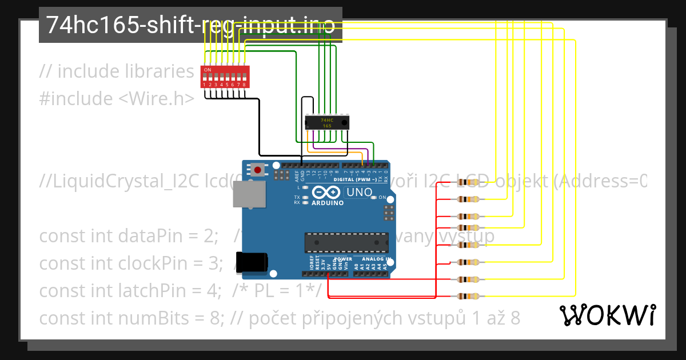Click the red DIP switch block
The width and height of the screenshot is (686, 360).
coord(225,77)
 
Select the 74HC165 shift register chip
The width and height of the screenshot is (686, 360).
coord(327,122)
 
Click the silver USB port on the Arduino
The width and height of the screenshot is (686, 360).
coord(249,194)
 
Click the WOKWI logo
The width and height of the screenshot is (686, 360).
coord(607,315)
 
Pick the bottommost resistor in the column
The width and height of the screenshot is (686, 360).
coord(468,297)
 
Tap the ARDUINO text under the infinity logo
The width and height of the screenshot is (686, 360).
coord(328,203)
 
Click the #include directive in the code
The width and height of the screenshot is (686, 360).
coord(76,98)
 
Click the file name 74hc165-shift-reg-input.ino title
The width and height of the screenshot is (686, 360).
coord(190,25)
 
